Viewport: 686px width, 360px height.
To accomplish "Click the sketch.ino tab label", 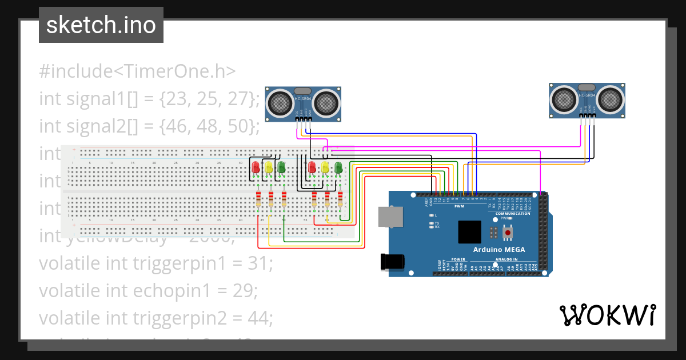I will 101,25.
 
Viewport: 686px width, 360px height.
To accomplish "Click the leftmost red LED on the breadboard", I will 256,167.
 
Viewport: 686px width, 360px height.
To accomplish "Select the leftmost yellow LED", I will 269,167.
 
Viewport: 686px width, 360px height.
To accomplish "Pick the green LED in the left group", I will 281,167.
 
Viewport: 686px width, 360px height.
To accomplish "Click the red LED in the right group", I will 312,167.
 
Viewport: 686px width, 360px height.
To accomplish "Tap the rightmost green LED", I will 338,167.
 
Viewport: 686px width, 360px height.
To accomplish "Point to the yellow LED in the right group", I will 325,167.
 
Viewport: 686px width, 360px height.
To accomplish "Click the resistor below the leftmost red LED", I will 258,199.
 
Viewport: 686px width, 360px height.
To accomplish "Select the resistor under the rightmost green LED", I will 341,199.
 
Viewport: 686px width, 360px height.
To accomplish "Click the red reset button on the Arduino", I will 506,233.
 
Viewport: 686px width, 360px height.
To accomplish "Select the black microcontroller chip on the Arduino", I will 469,232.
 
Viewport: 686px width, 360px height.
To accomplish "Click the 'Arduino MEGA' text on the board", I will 498,250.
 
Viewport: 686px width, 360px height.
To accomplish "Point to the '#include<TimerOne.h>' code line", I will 137,71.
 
